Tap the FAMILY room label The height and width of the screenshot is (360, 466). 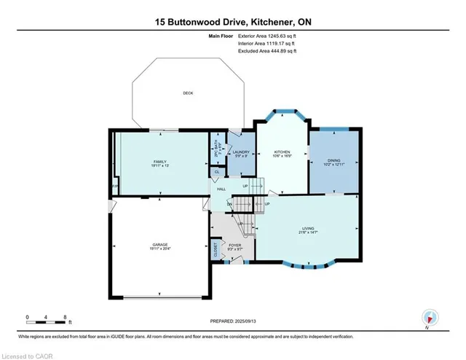pyautogui.click(x=159, y=161)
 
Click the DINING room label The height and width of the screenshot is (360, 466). pyautogui.click(x=333, y=160)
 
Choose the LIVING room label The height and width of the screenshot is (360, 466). pyautogui.click(x=308, y=229)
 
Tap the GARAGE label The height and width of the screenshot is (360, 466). pyautogui.click(x=160, y=244)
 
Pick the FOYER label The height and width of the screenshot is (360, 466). pyautogui.click(x=234, y=246)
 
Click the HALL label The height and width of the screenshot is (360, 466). pyautogui.click(x=221, y=189)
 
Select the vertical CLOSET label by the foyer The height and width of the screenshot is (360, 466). pyautogui.click(x=216, y=249)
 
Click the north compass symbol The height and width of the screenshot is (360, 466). pyautogui.click(x=430, y=318)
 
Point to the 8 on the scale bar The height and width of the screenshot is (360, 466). pyautogui.click(x=66, y=317)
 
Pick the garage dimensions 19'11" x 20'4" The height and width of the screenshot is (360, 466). pyautogui.click(x=160, y=249)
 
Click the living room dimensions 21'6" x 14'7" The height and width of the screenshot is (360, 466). pyautogui.click(x=308, y=234)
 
